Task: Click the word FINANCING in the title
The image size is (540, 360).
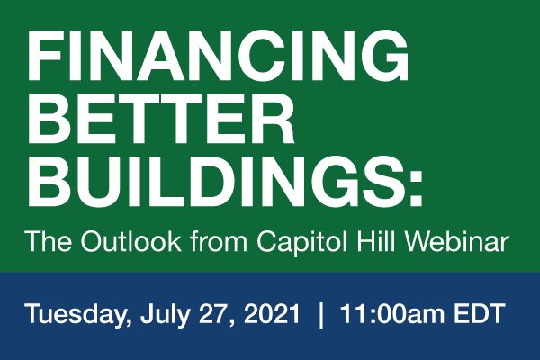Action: pos(219,56)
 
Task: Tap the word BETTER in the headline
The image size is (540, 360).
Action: pos(161,118)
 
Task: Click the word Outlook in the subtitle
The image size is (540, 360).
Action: pos(130,241)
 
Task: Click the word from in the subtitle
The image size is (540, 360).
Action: pos(219,241)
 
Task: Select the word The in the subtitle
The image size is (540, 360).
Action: pos(49,241)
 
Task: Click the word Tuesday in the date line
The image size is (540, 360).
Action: pos(77,315)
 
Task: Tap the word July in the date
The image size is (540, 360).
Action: pos(165,315)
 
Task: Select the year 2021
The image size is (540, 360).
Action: pos(272,313)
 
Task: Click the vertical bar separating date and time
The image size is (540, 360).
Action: pos(321,315)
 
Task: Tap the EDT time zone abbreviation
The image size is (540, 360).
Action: pos(479,313)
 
